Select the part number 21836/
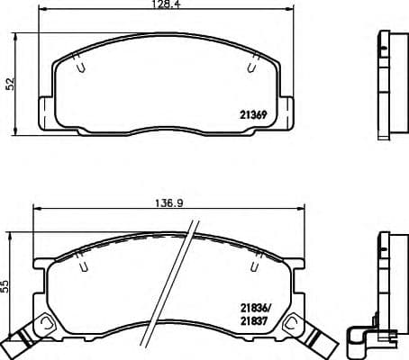coord(256,307)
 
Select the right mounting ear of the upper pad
coord(293,112)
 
